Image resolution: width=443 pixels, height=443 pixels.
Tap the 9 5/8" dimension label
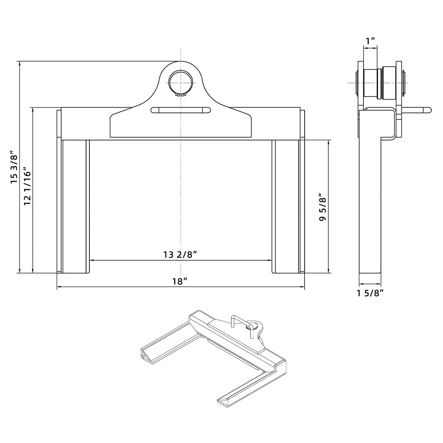323,207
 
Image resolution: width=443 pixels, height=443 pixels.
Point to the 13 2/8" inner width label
181,255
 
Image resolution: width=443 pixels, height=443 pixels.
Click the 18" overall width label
180,281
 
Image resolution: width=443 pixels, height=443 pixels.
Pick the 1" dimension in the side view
370,41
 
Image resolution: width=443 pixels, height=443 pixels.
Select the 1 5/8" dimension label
370,293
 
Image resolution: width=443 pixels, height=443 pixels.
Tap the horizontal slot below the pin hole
180,110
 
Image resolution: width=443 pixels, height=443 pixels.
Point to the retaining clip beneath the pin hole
181,94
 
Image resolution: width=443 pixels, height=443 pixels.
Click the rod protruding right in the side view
418,110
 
